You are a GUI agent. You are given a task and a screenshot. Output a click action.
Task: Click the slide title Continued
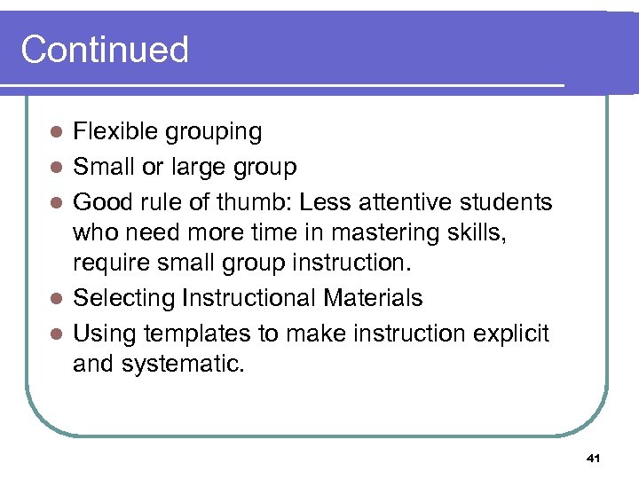coord(105,50)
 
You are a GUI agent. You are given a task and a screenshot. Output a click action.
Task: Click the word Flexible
coord(106,132)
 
